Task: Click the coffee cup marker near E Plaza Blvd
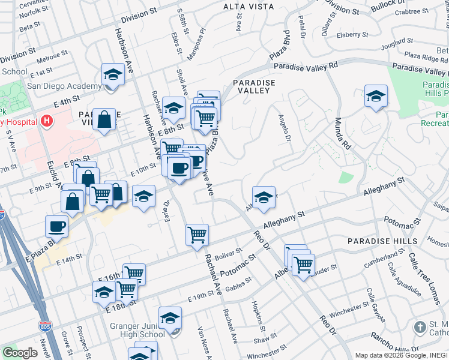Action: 56,227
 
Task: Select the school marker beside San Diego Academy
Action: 112,75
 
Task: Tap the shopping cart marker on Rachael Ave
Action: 197,235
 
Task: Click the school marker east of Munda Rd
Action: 376,96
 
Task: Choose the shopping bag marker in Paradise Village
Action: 104,119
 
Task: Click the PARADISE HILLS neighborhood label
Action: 382,241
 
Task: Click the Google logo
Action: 20,353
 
